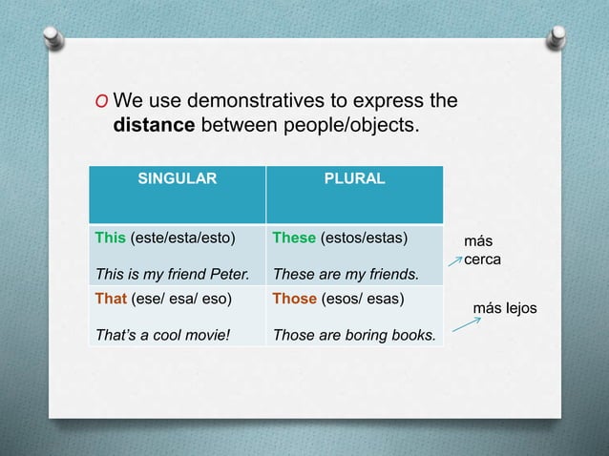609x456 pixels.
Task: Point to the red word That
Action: [x=109, y=298]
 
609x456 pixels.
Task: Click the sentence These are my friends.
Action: [x=346, y=276]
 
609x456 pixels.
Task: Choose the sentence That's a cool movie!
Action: [x=156, y=336]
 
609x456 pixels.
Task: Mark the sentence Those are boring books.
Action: [x=354, y=336]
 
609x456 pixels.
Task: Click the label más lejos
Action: [x=506, y=308]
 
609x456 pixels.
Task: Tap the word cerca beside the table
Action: [x=482, y=259]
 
